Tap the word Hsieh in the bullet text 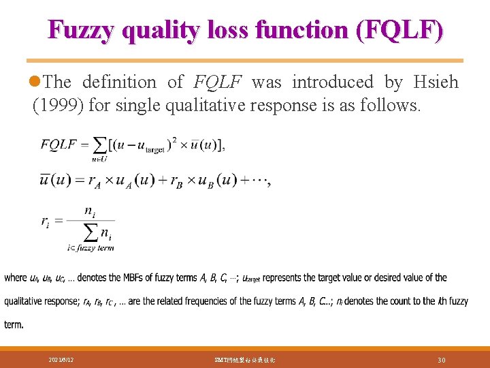point(436,82)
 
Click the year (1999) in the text point(54,106)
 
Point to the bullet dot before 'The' point(36,82)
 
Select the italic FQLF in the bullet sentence point(217,82)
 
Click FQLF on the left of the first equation point(59,144)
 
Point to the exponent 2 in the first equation point(174,139)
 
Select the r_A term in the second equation point(96,182)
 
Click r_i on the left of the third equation point(46,221)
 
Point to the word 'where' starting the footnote point(16,277)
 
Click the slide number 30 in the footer point(441,358)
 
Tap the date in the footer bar point(62,358)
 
